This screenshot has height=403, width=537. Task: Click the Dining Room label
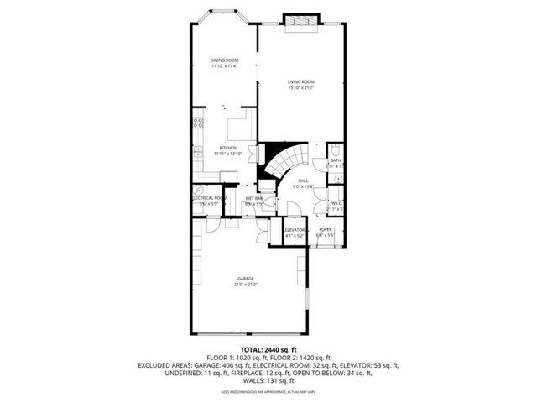coord(224,60)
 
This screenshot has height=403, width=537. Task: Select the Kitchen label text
coord(227,148)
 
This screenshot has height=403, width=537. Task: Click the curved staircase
coord(284,160)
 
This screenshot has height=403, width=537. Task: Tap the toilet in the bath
coord(335,153)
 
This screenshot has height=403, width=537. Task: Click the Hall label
coord(303,181)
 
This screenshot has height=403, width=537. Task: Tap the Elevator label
coord(294,229)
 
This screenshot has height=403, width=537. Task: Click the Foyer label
coord(326,229)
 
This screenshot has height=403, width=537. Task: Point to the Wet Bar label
coord(253,198)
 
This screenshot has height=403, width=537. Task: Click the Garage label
coord(245,279)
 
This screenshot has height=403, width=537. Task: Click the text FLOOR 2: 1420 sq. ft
coord(300,358)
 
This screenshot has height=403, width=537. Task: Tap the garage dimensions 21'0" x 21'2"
coord(245,285)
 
